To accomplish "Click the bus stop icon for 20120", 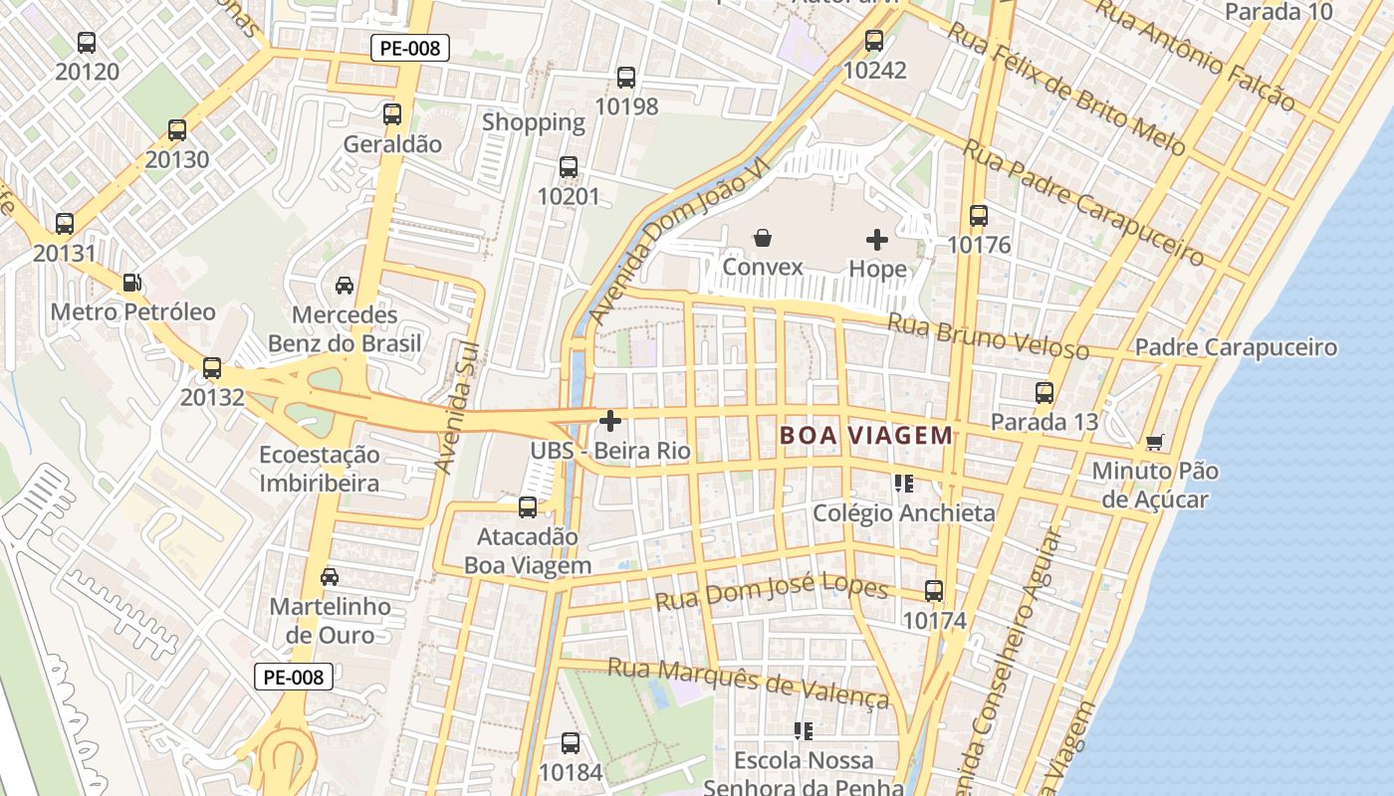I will click(x=87, y=43).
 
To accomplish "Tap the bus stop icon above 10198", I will click(x=626, y=77).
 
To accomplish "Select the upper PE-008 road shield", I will click(x=410, y=47).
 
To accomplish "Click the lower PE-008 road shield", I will click(x=293, y=677).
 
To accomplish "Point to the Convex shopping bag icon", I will click(x=762, y=238).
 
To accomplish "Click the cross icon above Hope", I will click(x=877, y=239).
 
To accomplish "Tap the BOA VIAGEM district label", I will click(x=866, y=435).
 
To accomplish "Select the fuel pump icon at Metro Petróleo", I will click(x=131, y=283).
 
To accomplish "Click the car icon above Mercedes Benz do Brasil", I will click(x=345, y=286).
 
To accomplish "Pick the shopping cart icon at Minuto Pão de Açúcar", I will click(x=1154, y=441).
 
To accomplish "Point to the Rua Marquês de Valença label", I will click(x=748, y=681).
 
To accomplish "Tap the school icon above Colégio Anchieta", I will click(x=903, y=484).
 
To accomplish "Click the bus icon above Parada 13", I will click(x=1044, y=392).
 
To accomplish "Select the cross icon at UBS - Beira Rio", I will click(x=610, y=421).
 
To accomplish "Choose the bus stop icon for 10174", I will click(x=934, y=590).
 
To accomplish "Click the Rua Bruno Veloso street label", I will click(x=988, y=336).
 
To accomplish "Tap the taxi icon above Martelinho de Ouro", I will click(x=330, y=576).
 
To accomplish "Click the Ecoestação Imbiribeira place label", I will click(x=320, y=469).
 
